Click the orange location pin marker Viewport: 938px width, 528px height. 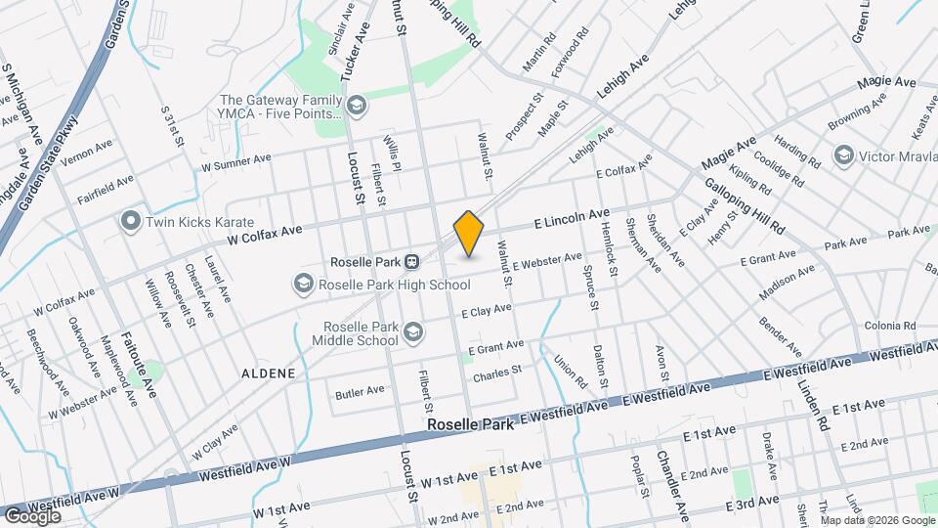[469, 234]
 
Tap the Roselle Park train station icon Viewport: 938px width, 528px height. [412, 262]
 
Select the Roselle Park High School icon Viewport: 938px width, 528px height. [303, 285]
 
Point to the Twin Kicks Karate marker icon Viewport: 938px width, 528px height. [130, 222]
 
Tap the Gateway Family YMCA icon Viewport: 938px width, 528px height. [357, 105]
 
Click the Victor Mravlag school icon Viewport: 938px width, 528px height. [842, 155]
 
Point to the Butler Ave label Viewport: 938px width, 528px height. [360, 392]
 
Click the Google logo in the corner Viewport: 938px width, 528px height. [32, 515]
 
